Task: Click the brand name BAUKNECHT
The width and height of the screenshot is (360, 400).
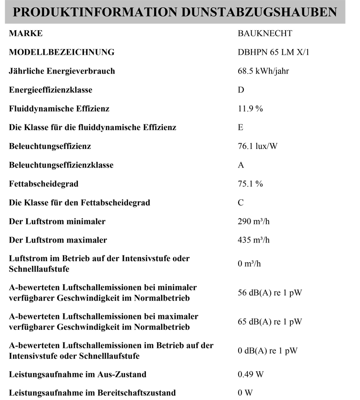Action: point(264,34)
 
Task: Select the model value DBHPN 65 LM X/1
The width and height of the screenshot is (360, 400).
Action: point(273,52)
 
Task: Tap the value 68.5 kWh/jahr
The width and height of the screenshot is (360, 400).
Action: point(263,71)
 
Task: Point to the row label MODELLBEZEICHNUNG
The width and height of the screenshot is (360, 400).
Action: point(61,52)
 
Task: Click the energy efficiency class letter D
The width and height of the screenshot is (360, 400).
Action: point(241,90)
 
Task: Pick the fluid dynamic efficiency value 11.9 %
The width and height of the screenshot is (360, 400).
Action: point(250,109)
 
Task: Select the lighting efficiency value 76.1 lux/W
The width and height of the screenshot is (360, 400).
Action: point(257,146)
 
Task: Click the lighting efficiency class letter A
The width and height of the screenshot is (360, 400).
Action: point(241,165)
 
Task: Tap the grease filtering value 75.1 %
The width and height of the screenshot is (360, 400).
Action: point(250,184)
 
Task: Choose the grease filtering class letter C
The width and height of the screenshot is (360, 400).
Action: point(241,203)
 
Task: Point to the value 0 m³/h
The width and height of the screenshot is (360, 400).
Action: point(249,264)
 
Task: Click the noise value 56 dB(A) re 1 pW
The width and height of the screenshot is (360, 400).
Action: point(270,293)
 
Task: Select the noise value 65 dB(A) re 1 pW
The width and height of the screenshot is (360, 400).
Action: point(270,322)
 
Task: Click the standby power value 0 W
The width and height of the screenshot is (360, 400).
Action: point(245,393)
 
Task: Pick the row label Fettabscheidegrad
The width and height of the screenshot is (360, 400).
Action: point(44,184)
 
